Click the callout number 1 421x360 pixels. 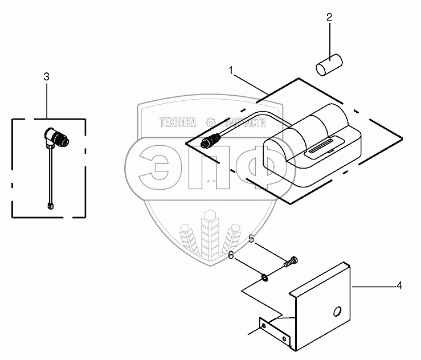point(231,71)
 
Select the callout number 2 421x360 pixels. point(329,18)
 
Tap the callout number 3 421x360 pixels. point(47,77)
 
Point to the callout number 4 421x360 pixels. point(399,285)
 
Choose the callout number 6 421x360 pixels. point(231,256)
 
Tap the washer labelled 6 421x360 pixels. point(265,277)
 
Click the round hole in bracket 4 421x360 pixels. point(337,311)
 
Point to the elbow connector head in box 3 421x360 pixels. point(57,137)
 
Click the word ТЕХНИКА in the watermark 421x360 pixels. point(178,122)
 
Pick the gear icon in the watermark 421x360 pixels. point(210,122)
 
